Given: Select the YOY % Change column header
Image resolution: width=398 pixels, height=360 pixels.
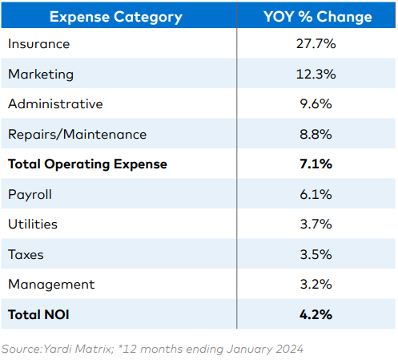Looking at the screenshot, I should coord(318,16).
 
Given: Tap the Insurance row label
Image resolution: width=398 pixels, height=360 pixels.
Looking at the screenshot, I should coord(39,44).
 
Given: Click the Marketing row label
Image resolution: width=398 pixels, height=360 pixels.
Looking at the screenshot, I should coord(41,74).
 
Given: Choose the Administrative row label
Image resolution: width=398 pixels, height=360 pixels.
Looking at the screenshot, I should coord(55,103).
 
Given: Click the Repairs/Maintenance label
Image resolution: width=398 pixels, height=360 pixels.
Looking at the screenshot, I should coord(78,134).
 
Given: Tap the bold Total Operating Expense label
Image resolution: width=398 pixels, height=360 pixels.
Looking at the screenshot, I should coord(87,164).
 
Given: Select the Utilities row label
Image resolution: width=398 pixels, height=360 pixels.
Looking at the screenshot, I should coord(33,224).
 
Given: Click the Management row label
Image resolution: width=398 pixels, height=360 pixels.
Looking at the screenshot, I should coord(51,284).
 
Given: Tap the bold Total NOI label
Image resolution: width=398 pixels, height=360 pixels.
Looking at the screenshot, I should coord(38,314).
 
